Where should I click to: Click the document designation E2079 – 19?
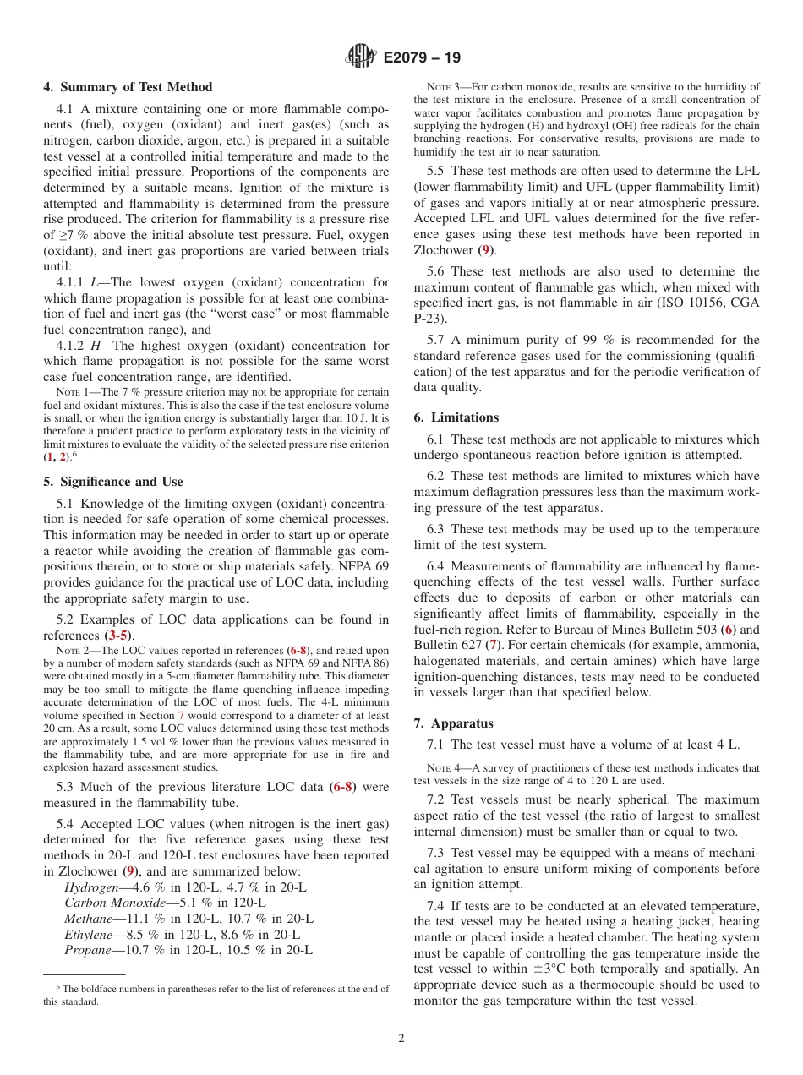[422, 58]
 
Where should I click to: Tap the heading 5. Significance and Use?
[113, 482]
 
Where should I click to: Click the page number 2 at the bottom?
[401, 1038]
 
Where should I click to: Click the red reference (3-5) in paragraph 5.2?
[118, 636]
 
